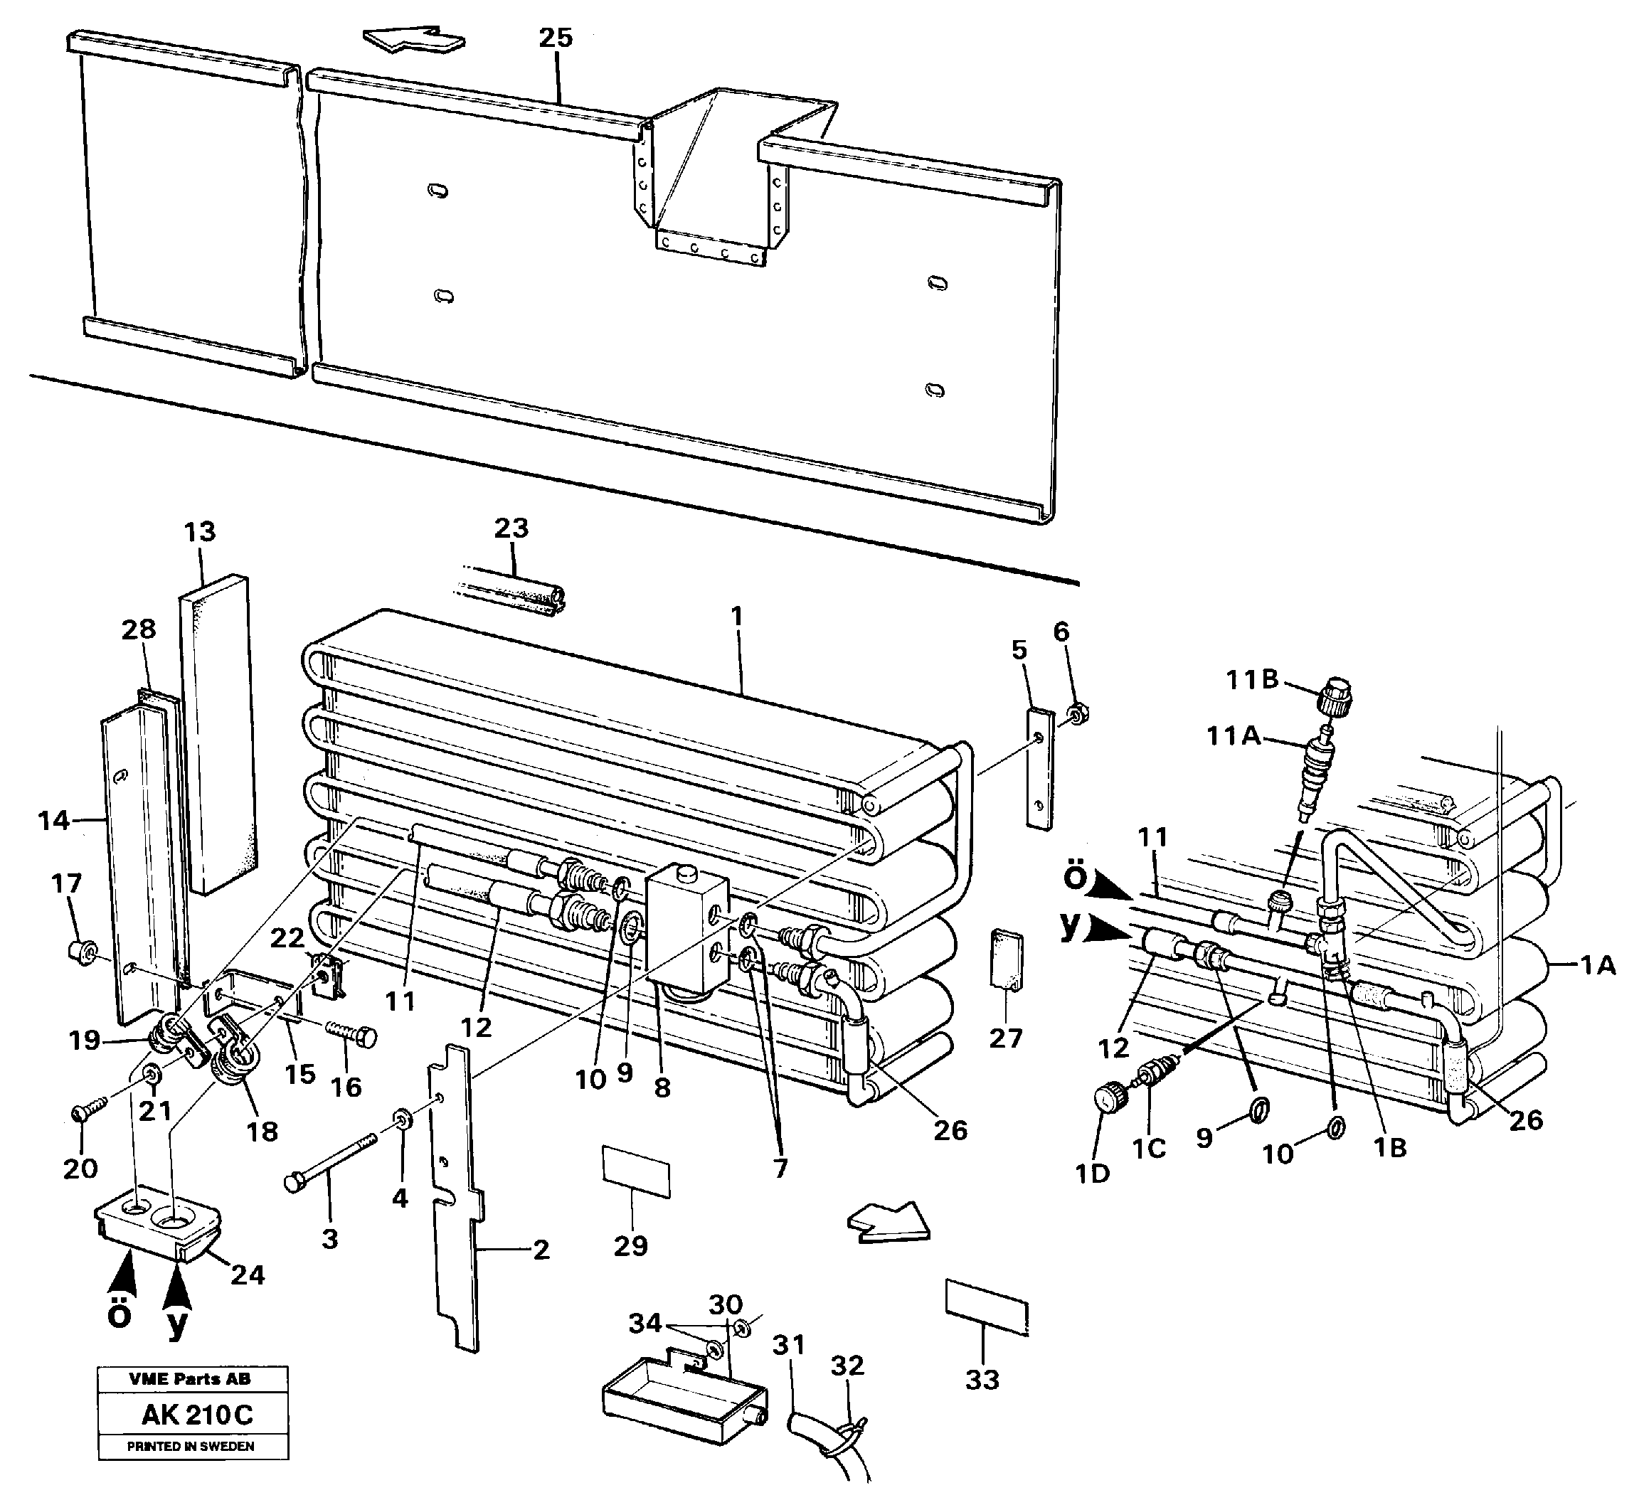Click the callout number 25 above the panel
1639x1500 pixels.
point(556,38)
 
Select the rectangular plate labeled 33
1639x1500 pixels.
point(986,1305)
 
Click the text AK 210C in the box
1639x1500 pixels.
point(197,1415)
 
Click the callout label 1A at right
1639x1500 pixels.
point(1597,964)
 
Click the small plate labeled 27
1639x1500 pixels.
point(1007,961)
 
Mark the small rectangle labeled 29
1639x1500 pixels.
point(636,1171)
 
